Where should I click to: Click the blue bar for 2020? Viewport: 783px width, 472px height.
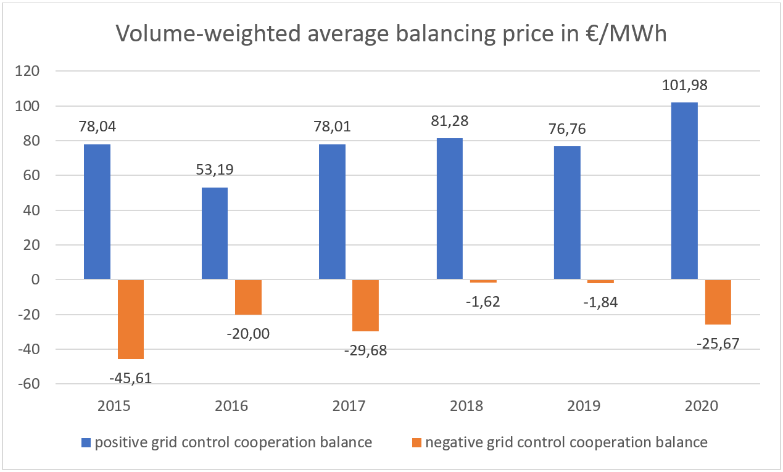tap(684, 191)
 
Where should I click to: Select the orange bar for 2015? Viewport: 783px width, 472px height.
tap(130, 319)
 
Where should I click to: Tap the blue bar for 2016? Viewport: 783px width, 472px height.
tap(215, 234)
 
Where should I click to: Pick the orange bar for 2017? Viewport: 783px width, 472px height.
tap(365, 305)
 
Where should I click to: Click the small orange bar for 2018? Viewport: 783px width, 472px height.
tap(483, 281)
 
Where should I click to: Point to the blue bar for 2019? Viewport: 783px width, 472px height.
tap(567, 213)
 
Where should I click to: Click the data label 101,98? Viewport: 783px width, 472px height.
tap(684, 85)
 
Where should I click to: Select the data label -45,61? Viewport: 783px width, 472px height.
tap(131, 377)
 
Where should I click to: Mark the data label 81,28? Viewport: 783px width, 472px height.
tap(450, 120)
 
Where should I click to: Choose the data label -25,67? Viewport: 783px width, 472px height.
tap(718, 342)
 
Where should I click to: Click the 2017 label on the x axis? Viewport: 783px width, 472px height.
tap(349, 406)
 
